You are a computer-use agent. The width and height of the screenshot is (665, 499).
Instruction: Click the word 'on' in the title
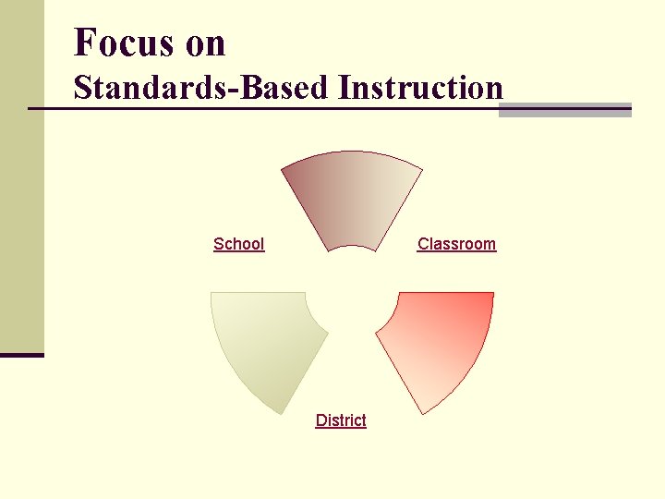click(204, 44)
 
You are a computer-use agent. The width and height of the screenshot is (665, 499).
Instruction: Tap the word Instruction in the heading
click(420, 88)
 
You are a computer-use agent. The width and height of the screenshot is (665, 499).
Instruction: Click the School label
click(238, 244)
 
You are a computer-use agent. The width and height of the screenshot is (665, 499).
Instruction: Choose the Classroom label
click(456, 244)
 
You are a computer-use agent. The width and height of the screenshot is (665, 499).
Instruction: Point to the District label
click(341, 420)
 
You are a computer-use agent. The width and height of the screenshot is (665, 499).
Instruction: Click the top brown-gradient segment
click(352, 198)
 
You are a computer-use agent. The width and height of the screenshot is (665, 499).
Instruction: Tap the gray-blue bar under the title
click(564, 111)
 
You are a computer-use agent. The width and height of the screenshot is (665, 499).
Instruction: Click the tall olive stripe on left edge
click(22, 176)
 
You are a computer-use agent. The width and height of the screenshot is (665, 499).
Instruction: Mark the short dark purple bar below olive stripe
click(22, 355)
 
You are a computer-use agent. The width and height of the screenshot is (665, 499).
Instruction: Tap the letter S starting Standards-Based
click(82, 88)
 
